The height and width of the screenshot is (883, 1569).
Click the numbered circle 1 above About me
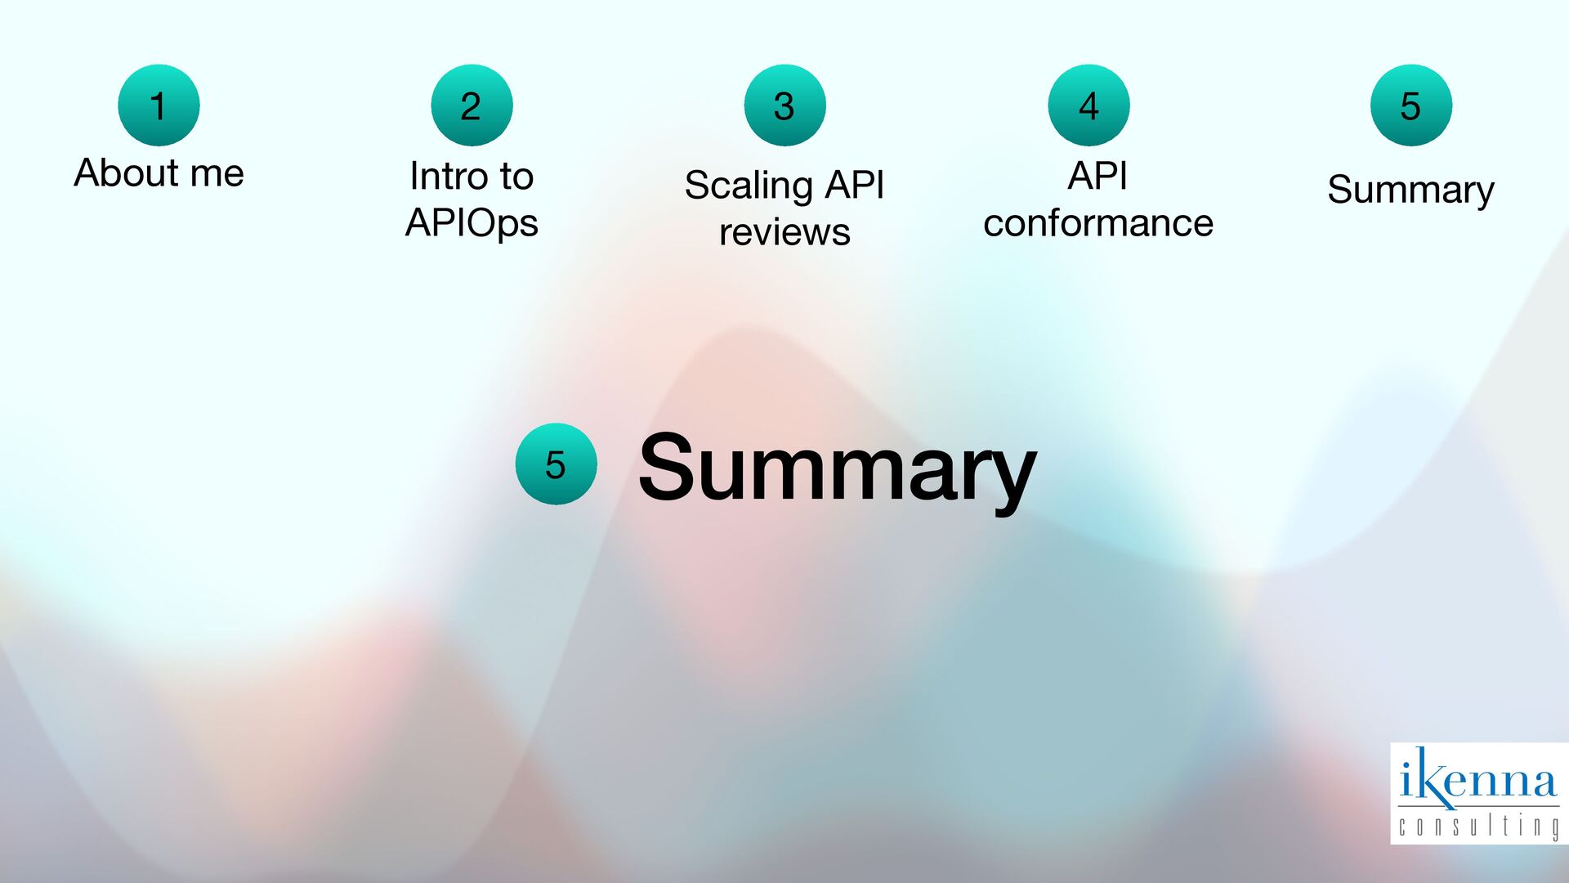159,105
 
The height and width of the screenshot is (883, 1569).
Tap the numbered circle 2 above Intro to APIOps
472,105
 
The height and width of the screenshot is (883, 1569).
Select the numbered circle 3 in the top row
784,105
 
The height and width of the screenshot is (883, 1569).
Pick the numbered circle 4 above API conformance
1088,105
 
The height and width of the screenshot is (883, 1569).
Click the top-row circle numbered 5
1410,105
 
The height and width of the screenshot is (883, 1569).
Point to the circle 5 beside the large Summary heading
556,464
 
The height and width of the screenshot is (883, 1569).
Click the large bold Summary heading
837,468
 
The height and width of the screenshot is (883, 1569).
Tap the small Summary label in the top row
1410,190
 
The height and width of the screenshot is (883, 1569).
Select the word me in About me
217,173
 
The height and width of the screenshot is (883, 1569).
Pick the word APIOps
472,223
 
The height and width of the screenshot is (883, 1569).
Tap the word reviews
784,232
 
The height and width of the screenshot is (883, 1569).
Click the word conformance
1097,223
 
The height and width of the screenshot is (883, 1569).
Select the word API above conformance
1097,176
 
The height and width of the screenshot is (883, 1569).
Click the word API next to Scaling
854,185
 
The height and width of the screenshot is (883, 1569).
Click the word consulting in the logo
1477,826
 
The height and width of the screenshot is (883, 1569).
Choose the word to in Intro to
516,177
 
